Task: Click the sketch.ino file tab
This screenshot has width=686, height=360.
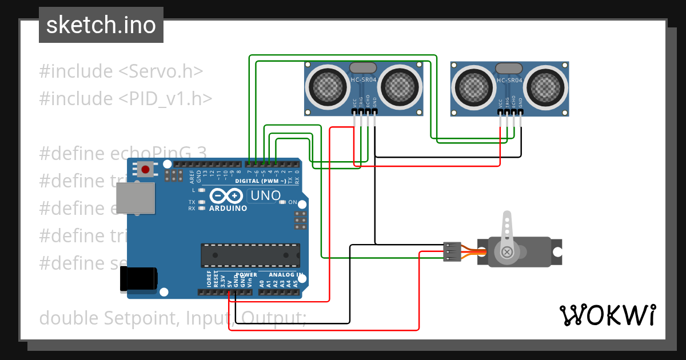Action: pyautogui.click(x=101, y=25)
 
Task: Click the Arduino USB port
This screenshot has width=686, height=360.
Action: pyautogui.click(x=135, y=198)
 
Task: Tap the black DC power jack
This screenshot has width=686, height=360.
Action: pyautogui.click(x=138, y=279)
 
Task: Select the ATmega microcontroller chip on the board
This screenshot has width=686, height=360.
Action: pyautogui.click(x=250, y=255)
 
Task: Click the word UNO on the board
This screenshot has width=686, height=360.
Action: pyautogui.click(x=265, y=196)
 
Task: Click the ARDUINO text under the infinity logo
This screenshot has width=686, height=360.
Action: pyautogui.click(x=228, y=209)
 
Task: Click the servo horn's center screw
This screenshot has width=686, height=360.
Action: pyautogui.click(x=506, y=251)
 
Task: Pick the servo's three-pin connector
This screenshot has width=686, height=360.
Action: pyautogui.click(x=452, y=251)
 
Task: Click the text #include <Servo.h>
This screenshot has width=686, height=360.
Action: pyautogui.click(x=121, y=71)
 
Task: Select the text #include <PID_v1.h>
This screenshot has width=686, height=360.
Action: pyautogui.click(x=126, y=99)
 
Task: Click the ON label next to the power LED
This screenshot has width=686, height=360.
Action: pyautogui.click(x=293, y=202)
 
